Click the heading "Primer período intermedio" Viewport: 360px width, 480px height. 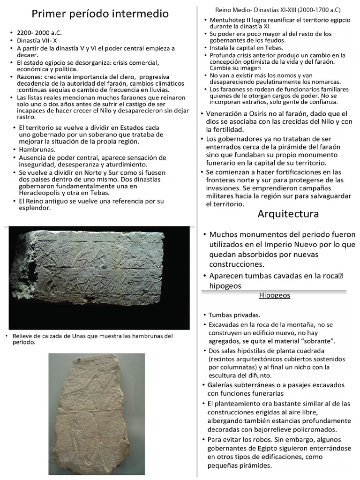pos(100,15)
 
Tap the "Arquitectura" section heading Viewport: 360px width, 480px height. pos(288,214)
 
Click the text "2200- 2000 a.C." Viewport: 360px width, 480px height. pos(39,34)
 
